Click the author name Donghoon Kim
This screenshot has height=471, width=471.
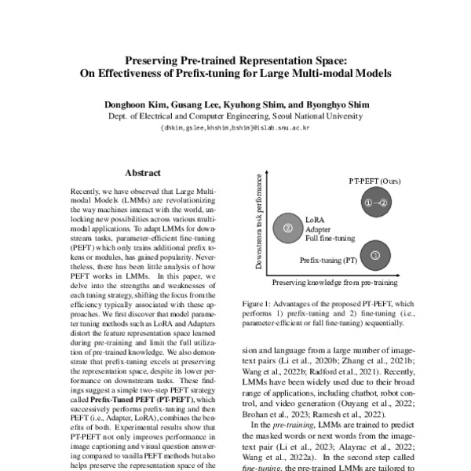(131, 104)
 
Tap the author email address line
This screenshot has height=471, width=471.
(235, 126)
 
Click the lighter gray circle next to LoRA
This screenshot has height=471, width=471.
(287, 228)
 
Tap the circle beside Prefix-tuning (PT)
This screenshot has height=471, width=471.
(375, 254)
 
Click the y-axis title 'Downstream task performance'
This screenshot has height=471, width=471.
(259, 222)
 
